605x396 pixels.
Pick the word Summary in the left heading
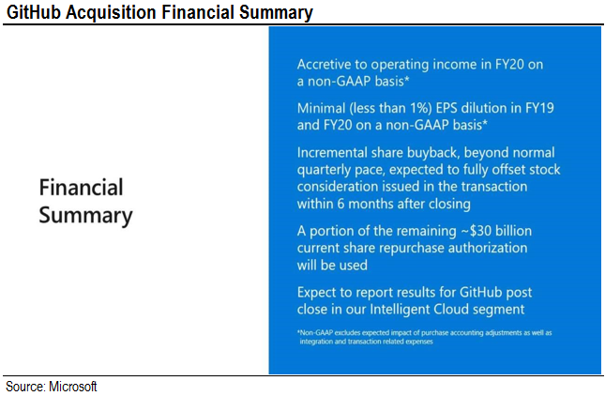[x=85, y=215]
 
